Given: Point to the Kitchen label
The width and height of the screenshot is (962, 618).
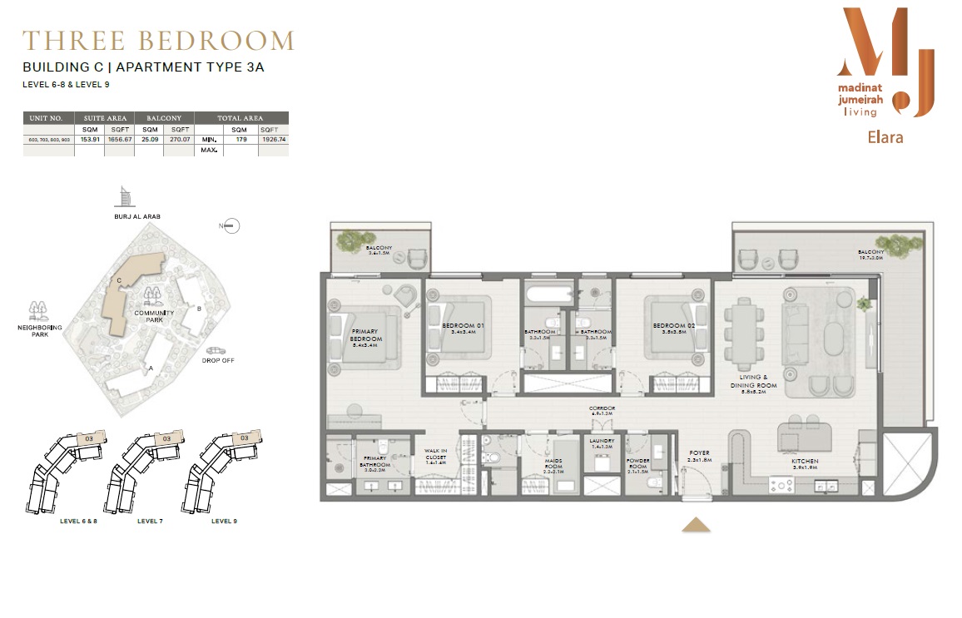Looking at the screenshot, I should [x=805, y=461].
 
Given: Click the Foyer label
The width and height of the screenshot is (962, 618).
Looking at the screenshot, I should [x=699, y=454].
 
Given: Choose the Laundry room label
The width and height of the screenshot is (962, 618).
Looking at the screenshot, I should [x=601, y=442].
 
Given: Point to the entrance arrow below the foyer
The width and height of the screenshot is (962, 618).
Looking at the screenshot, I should [x=695, y=524].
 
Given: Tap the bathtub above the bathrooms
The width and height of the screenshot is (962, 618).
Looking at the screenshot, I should [x=548, y=293].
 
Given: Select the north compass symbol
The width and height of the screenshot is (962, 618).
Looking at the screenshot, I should [x=231, y=225].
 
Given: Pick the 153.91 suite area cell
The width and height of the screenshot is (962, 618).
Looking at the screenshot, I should [x=90, y=141].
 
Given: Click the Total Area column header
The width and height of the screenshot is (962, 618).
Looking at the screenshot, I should [x=240, y=118].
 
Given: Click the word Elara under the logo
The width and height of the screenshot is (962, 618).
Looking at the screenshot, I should [x=884, y=137].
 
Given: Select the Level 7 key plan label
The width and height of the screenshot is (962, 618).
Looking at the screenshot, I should [x=150, y=521].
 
